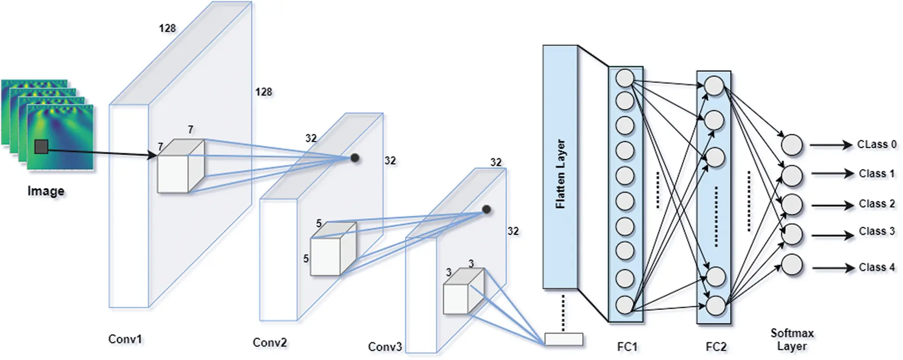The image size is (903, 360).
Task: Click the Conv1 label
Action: coord(125,339)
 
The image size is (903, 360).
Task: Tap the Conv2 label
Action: coord(269,343)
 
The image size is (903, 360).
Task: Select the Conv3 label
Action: coord(384,347)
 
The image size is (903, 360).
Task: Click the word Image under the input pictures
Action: coord(46,191)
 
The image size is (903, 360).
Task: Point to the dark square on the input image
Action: coord(41,147)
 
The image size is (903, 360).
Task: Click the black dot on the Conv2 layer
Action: coord(355,158)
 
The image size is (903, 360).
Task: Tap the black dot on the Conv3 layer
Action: coord(486,209)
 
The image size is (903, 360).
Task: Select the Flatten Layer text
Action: coord(560,173)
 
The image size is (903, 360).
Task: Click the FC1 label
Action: coord(627,347)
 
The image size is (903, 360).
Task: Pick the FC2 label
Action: coord(716,347)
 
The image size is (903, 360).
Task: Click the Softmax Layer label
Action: coord(792,340)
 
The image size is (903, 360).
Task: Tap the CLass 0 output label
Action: coord(877,145)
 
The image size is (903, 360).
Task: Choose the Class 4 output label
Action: coord(877,267)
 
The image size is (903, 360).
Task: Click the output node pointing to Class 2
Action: coord(792,205)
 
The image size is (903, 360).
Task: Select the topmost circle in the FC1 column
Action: coord(625,78)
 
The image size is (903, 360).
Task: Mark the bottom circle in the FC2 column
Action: coord(716,305)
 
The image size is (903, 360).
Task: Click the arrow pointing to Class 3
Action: coord(833,235)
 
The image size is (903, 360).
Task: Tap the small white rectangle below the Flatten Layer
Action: coord(564,339)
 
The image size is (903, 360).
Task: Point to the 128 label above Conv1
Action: coord(167,28)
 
